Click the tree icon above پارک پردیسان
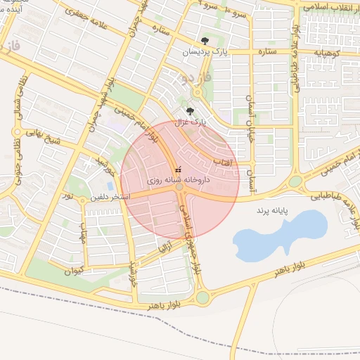point(205,41)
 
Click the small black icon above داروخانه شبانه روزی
point(177,169)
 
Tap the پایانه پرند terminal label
point(272,210)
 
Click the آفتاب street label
point(230,163)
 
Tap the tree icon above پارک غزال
point(188,110)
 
